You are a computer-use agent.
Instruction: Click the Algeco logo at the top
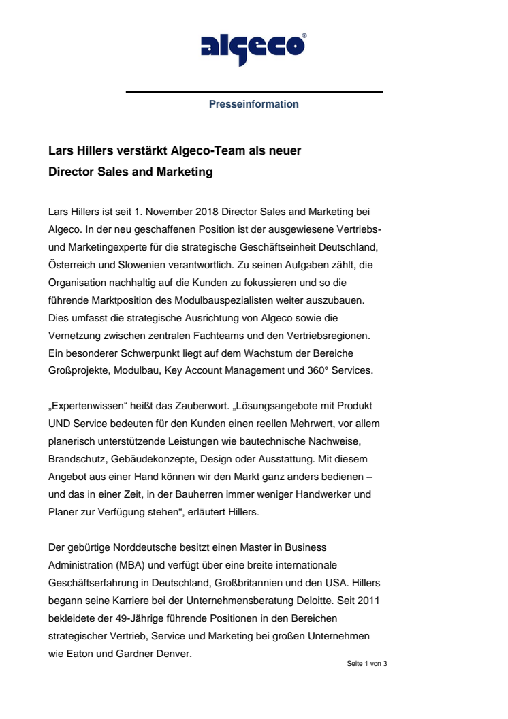tap(253, 46)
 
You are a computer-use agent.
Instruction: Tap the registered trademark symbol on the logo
tap(304, 35)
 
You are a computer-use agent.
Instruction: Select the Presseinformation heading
tap(253, 104)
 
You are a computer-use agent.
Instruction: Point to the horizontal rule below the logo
tap(253, 91)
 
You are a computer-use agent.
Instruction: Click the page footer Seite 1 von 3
tap(366, 663)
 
